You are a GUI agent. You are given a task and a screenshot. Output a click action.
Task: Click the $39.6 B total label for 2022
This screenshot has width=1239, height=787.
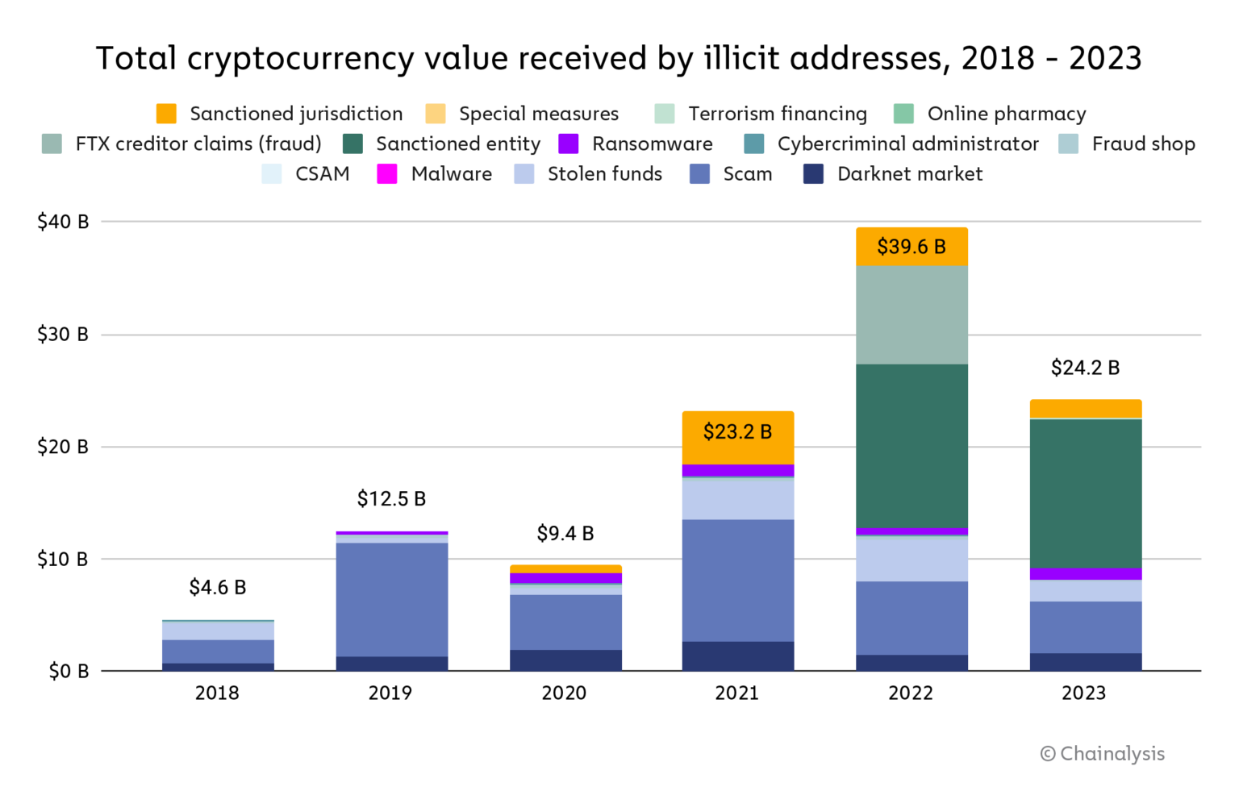coord(911,247)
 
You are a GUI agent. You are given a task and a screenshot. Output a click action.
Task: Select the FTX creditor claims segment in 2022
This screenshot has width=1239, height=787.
coord(912,315)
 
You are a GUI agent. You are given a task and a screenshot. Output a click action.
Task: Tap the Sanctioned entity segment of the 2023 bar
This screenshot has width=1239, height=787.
coord(1085,493)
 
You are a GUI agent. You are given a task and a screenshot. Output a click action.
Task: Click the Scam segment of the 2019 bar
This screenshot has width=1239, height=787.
coord(391,599)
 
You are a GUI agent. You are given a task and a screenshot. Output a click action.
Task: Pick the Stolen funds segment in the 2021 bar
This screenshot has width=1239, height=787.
coord(737,499)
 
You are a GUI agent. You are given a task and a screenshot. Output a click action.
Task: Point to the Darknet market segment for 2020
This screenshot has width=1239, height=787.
coord(565,660)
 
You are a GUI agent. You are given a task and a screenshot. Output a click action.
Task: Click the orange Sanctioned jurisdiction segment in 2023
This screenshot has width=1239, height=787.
coord(1085,409)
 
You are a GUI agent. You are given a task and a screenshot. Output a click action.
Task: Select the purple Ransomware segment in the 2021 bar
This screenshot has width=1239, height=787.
coord(737,470)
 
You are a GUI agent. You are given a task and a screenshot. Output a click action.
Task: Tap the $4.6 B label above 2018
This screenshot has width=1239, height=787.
coord(217,588)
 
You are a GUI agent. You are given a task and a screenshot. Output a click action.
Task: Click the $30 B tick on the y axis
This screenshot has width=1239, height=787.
coord(62,335)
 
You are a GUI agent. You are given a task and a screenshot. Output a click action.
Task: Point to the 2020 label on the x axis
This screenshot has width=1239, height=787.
coord(564,693)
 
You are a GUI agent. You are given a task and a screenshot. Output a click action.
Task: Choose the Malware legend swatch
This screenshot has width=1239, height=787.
coord(387,174)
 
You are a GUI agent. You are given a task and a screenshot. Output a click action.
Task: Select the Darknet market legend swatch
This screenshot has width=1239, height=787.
coord(813,174)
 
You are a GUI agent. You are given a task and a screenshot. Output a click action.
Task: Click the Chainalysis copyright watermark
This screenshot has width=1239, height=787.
coord(1102,754)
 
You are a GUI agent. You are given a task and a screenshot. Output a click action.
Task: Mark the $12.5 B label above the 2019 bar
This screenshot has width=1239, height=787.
coord(391,499)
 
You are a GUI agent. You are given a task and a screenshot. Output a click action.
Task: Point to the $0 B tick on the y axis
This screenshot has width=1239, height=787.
coord(68,672)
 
